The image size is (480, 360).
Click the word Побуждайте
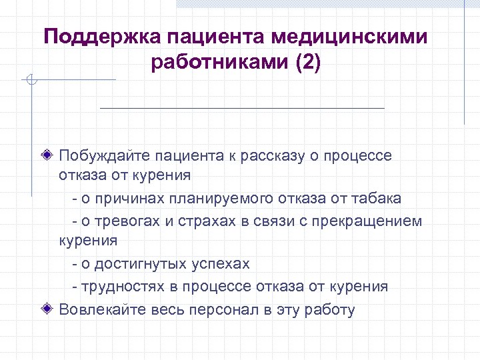[104, 156]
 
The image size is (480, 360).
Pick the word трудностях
[123, 287]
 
